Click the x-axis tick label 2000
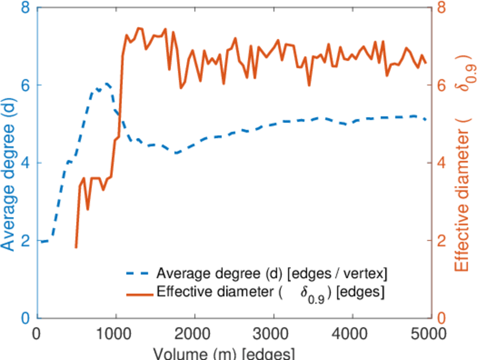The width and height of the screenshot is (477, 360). pyautogui.click(x=194, y=332)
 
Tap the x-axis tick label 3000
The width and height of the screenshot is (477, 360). pyautogui.click(x=273, y=332)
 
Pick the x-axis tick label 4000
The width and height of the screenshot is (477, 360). pyautogui.click(x=352, y=332)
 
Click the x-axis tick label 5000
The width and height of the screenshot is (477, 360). pyautogui.click(x=428, y=332)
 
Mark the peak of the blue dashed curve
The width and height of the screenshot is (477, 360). pyautogui.click(x=107, y=83)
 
